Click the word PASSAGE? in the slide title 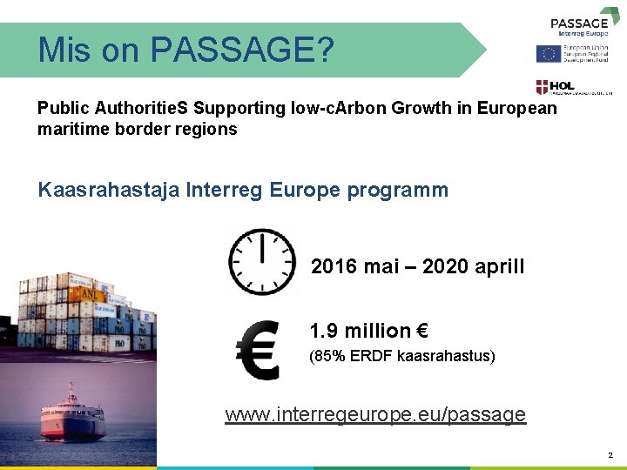coord(242,50)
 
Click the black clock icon coord(260,260)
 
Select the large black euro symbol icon coord(258,350)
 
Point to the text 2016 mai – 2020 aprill coord(418,266)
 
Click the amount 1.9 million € coord(368,331)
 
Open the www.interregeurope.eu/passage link coord(375,413)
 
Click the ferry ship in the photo coord(73,418)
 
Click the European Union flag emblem coord(548,54)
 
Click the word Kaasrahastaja coord(109,190)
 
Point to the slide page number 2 coord(610,454)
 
